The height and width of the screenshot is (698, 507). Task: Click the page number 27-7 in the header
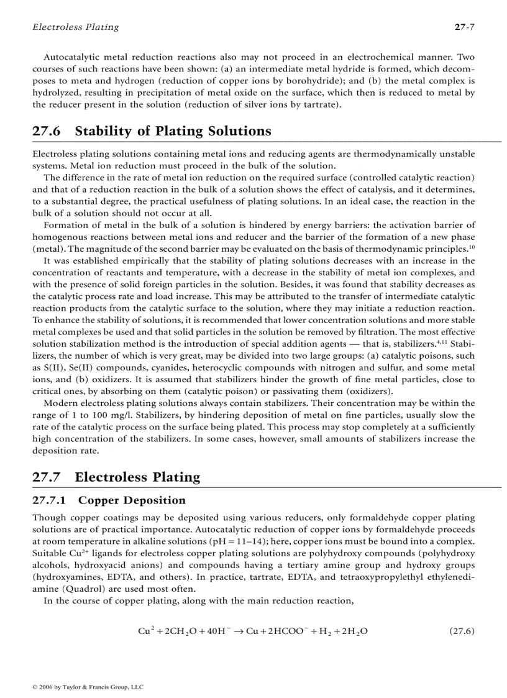point(464,27)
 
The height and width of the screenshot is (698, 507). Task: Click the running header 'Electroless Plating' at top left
point(75,27)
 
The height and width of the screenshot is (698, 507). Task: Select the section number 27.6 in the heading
point(47,131)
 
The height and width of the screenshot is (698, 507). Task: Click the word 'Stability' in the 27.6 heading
point(104,131)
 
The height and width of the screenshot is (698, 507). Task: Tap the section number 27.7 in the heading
point(47,477)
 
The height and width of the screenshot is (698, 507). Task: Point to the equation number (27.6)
point(461,631)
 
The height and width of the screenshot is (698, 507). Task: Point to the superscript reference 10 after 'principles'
point(472,246)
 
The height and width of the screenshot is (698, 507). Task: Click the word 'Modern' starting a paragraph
point(60,403)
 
